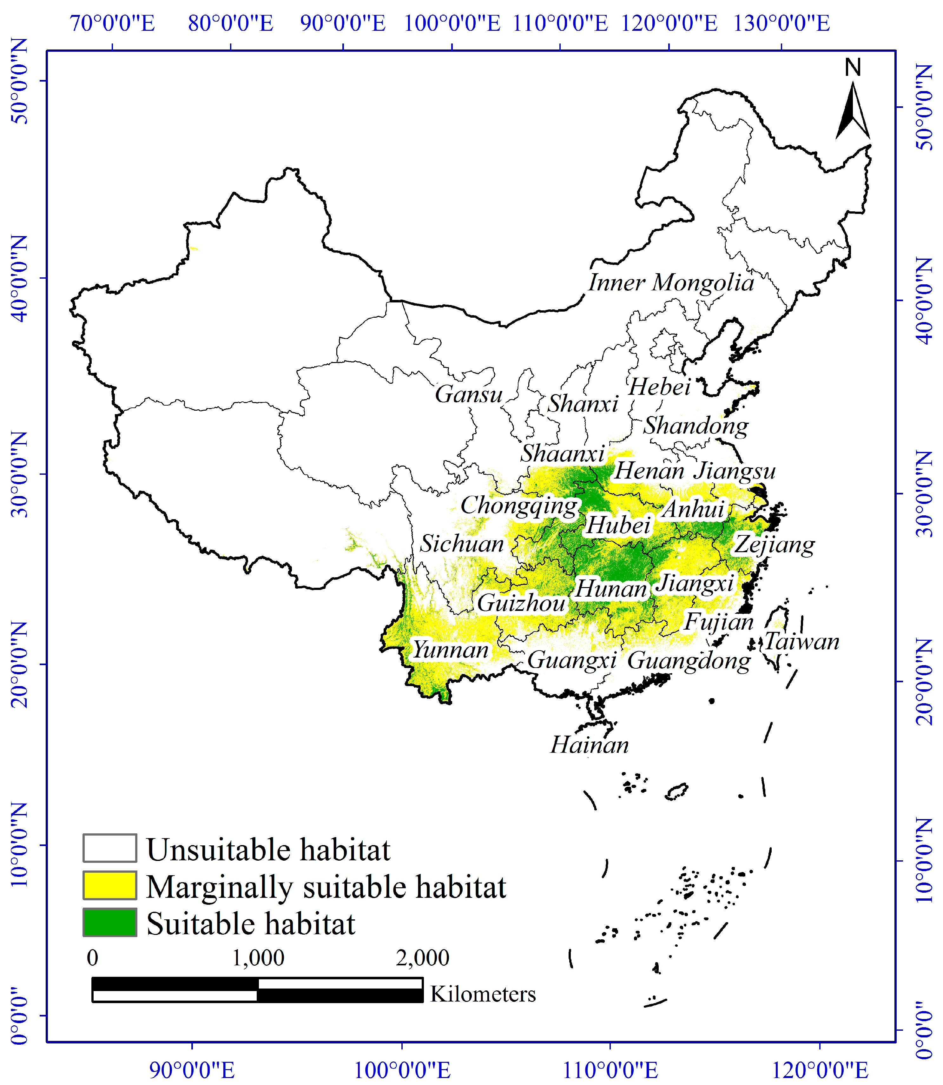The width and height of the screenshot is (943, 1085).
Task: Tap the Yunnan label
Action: tap(451, 650)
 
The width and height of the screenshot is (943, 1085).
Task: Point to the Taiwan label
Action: tap(801, 641)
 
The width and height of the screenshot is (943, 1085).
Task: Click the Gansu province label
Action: tap(468, 394)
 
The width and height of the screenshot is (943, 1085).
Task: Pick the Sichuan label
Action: tap(461, 544)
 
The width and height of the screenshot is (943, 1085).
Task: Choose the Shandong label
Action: tap(696, 426)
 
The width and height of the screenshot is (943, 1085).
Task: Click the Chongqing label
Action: tap(519, 506)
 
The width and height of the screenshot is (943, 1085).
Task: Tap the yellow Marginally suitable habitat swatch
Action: tap(109, 885)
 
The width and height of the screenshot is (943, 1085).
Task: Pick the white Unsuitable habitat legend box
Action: tap(109, 848)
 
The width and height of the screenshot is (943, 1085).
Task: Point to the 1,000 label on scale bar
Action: tap(258, 958)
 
